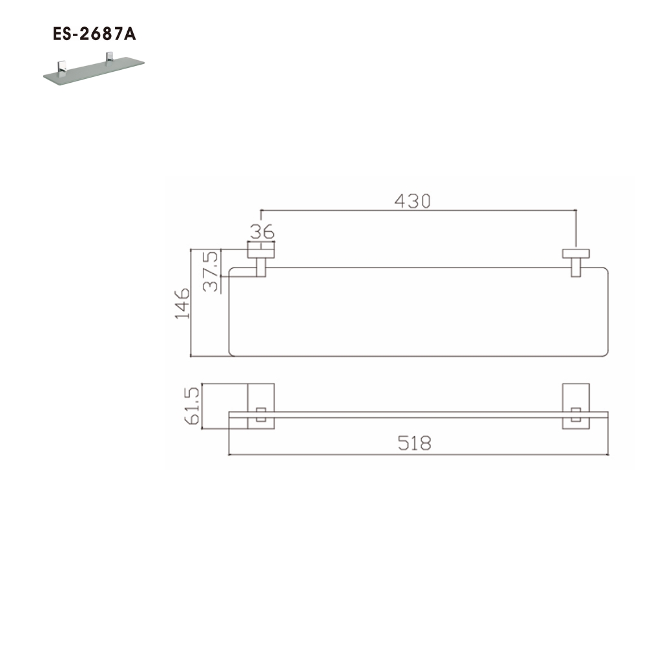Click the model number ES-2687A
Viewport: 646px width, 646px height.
(x=94, y=35)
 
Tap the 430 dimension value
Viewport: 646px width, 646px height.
(x=412, y=201)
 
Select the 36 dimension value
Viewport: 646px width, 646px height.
(x=262, y=231)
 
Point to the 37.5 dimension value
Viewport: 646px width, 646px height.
(x=211, y=271)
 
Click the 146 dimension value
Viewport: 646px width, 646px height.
(x=182, y=304)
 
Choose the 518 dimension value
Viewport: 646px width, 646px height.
(x=414, y=443)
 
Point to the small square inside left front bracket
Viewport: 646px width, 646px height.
(x=261, y=415)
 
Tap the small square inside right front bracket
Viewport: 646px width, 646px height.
(x=575, y=415)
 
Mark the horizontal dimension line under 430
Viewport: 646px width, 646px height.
(x=417, y=210)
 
